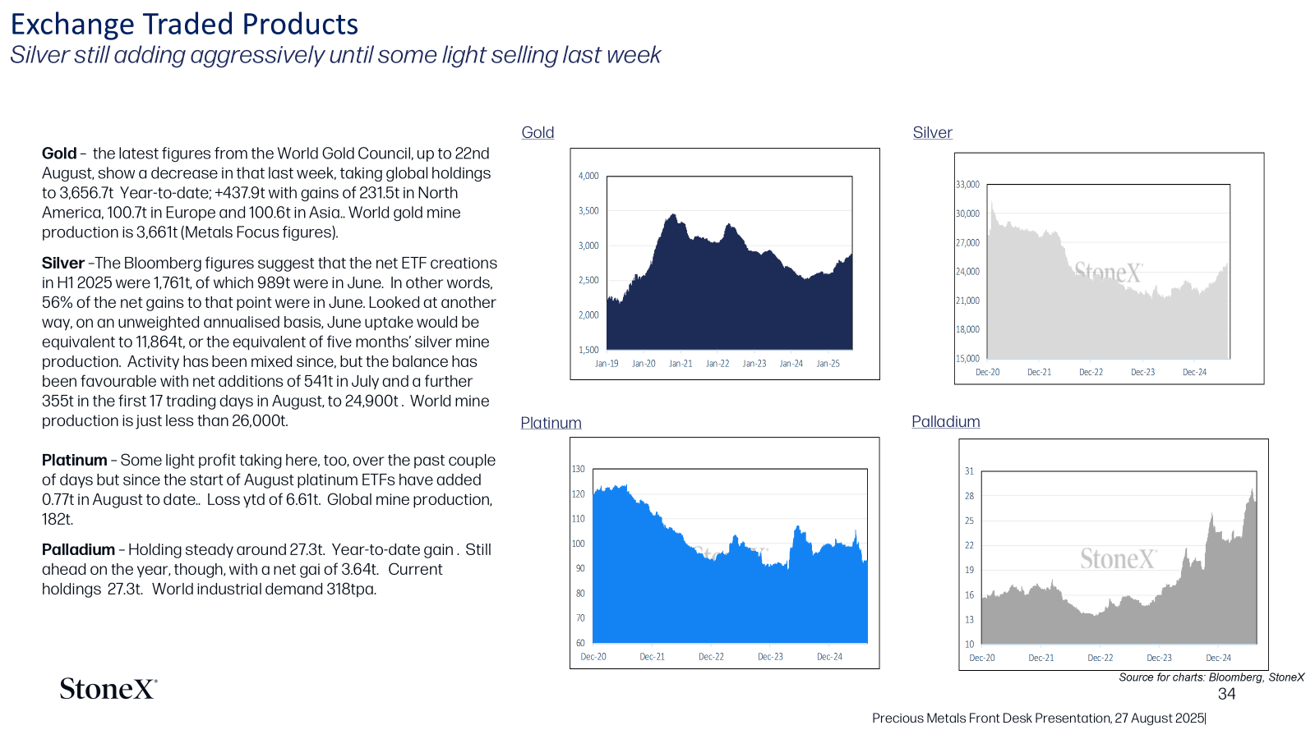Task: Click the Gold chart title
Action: pyautogui.click(x=538, y=132)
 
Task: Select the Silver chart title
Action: pyautogui.click(x=932, y=132)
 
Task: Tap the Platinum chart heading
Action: pyautogui.click(x=551, y=423)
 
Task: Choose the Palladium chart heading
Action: pyautogui.click(x=946, y=422)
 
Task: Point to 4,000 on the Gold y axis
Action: pyautogui.click(x=588, y=176)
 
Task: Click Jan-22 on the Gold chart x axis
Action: pyautogui.click(x=717, y=364)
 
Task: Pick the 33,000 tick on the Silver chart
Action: pyautogui.click(x=967, y=185)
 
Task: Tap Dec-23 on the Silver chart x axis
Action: pyautogui.click(x=1142, y=373)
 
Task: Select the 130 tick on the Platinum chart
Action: pyautogui.click(x=579, y=469)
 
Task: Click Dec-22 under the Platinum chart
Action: pyautogui.click(x=711, y=657)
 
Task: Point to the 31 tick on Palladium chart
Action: pyautogui.click(x=969, y=471)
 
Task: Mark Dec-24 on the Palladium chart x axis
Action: pyautogui.click(x=1218, y=658)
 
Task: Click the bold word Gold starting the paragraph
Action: pyautogui.click(x=58, y=154)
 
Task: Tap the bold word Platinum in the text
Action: pyautogui.click(x=74, y=461)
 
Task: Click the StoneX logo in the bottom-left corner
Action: pyautogui.click(x=108, y=689)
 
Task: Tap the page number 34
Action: pyautogui.click(x=1226, y=695)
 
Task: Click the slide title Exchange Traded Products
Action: pyautogui.click(x=184, y=25)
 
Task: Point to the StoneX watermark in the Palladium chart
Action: pyautogui.click(x=1119, y=558)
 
